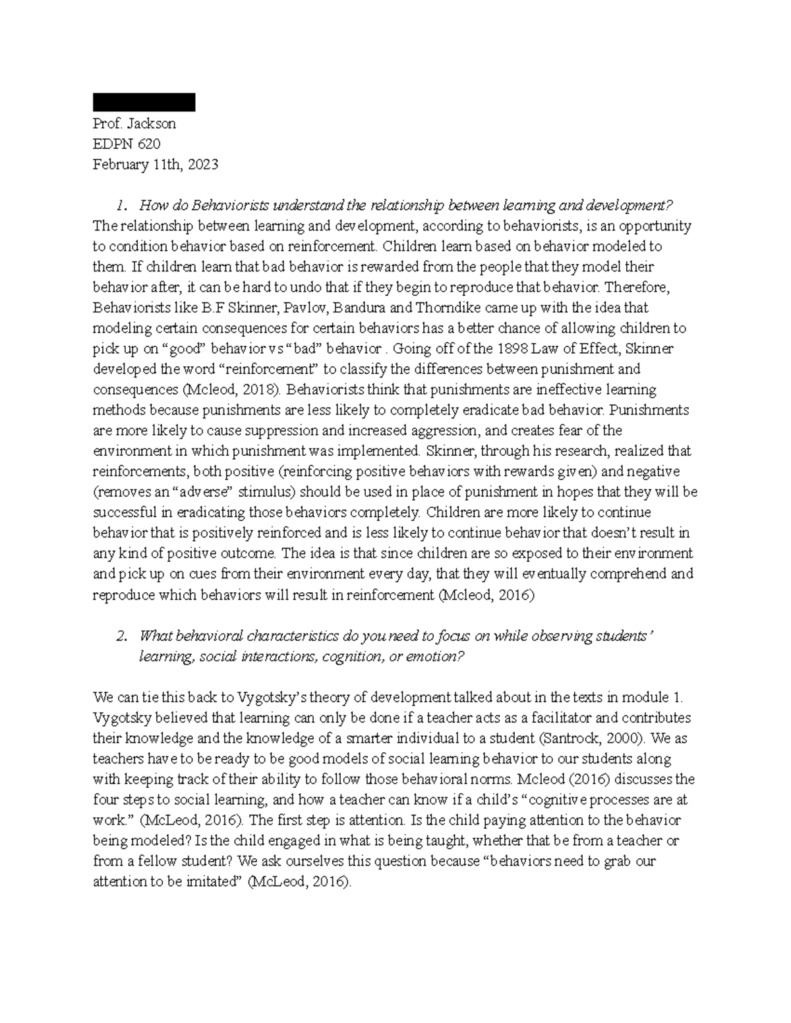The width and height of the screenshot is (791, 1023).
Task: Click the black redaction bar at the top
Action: (144, 103)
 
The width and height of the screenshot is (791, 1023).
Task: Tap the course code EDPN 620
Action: (127, 144)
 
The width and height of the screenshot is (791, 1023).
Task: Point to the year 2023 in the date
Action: (202, 165)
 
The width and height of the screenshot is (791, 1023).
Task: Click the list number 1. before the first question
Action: (121, 206)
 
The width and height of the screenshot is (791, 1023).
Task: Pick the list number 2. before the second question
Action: (121, 636)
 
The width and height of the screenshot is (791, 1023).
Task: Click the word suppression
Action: (258, 430)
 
